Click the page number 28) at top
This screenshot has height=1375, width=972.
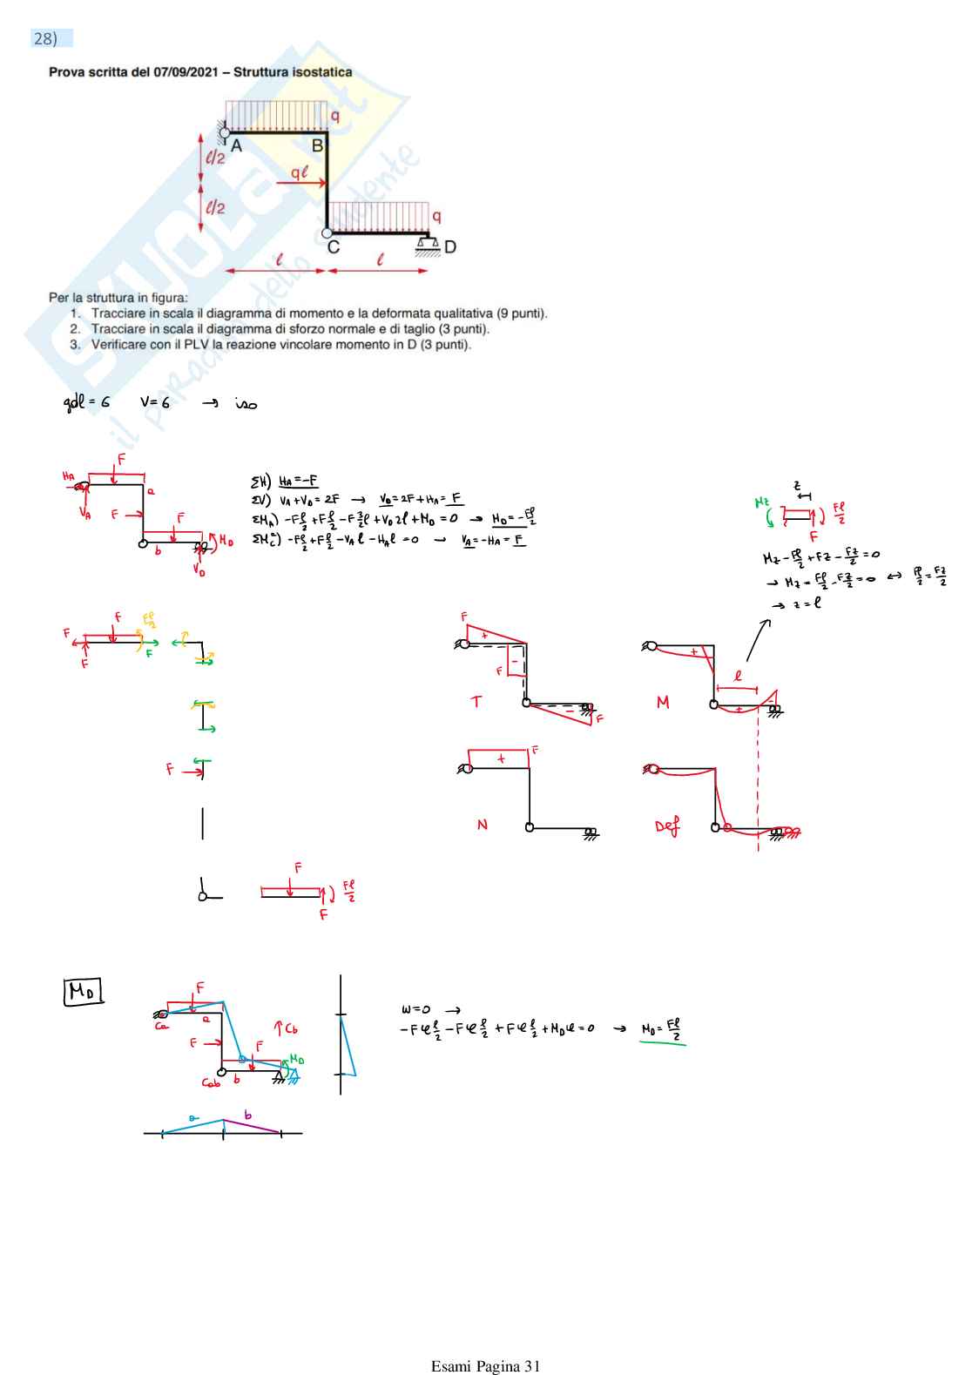click(x=45, y=38)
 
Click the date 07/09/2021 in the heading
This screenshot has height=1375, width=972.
click(x=185, y=72)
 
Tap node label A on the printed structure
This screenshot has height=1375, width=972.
click(x=236, y=146)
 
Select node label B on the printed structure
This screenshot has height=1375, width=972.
click(x=317, y=146)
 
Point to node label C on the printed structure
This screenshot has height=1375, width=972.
click(x=334, y=247)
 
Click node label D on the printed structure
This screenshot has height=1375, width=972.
click(x=450, y=247)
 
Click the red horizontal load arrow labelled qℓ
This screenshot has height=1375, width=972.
click(x=300, y=182)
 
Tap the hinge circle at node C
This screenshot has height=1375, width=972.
click(x=327, y=233)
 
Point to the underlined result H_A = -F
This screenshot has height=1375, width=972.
click(x=298, y=482)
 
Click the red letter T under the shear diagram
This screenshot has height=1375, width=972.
click(x=476, y=701)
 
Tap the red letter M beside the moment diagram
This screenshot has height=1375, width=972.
click(x=663, y=702)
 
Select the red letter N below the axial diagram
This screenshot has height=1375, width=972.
click(x=482, y=825)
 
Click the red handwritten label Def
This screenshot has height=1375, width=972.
click(x=667, y=826)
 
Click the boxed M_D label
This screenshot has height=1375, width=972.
click(x=84, y=991)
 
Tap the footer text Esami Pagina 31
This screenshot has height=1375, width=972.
click(x=485, y=1365)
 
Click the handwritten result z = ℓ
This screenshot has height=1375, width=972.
click(x=807, y=603)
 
